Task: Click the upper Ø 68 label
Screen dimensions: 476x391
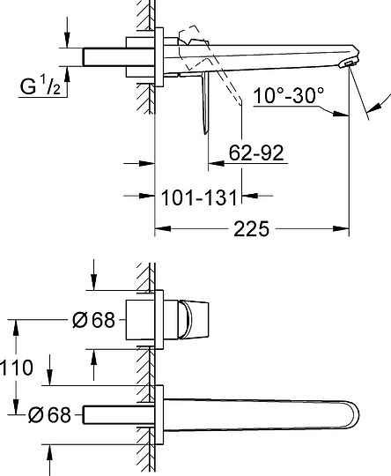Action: tap(94, 321)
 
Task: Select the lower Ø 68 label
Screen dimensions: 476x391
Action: tap(49, 412)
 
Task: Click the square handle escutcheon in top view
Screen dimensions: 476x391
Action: tap(143, 319)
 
